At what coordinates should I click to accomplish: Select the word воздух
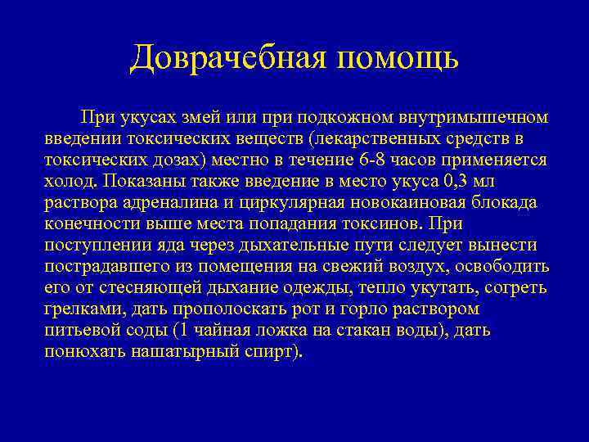pos(403,266)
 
